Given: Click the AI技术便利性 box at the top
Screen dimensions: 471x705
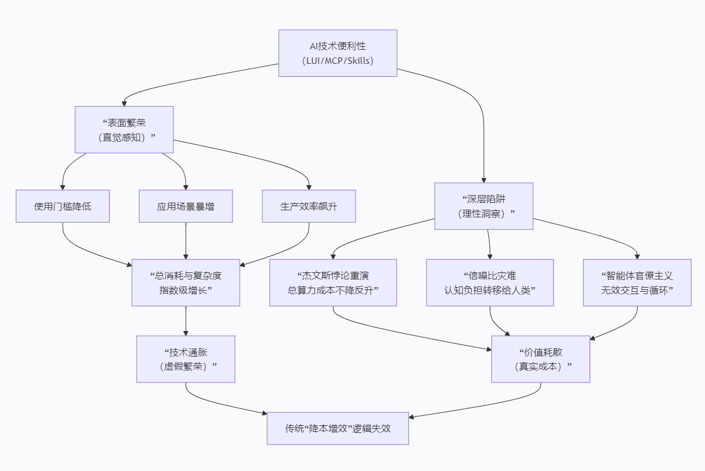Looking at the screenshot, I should (338, 53).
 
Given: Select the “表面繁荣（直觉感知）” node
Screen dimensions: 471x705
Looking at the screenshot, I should (124, 129).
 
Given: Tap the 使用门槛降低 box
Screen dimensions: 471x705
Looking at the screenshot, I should (63, 206).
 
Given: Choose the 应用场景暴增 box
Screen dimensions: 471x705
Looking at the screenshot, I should (186, 206).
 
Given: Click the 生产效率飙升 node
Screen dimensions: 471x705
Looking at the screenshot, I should (309, 206).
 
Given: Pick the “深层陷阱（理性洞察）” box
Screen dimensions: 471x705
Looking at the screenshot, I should (483, 206).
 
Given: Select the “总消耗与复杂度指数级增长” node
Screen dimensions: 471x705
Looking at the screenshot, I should (186, 282).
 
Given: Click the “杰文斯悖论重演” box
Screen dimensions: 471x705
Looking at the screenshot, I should (333, 282).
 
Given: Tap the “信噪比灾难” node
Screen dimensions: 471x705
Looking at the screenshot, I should (490, 282).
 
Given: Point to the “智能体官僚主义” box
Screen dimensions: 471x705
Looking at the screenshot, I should (637, 282).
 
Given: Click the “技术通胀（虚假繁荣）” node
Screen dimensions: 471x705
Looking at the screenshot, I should (186, 359).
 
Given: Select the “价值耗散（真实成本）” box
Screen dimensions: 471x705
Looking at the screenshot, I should (540, 359).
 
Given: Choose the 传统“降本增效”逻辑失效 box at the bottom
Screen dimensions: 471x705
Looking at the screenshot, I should (338, 428).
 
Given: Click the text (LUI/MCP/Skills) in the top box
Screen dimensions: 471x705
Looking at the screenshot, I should (338, 60).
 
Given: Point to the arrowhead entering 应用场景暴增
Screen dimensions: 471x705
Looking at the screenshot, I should (186, 187).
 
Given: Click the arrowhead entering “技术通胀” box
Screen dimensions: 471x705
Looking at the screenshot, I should (186, 333).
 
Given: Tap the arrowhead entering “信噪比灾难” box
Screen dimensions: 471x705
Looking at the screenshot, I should (490, 256).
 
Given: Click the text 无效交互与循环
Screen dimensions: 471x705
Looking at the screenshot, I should (637, 290).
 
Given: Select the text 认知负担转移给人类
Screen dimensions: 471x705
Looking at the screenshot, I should (490, 290).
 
